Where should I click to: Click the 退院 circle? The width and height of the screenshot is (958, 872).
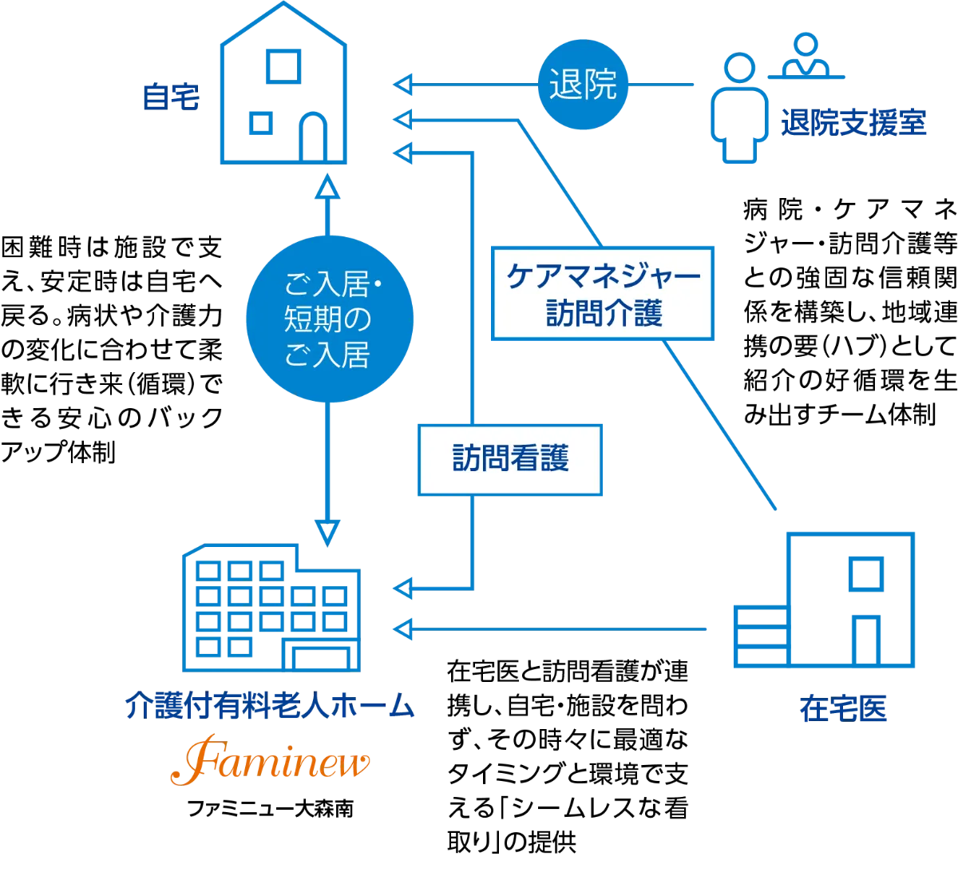point(584,85)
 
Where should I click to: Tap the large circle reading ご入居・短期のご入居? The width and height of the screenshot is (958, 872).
point(328,319)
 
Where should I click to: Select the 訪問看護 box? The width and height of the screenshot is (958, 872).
point(510,459)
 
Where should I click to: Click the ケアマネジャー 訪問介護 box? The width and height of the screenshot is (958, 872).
point(603,294)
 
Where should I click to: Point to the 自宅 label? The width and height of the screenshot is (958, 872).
point(169,98)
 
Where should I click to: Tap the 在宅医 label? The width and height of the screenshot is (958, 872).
point(842,709)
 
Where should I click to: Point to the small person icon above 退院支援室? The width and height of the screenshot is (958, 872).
point(806,56)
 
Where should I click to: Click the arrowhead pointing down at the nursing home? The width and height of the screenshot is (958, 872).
point(328,531)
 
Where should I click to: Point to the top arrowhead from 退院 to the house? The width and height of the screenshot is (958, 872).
point(403,85)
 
